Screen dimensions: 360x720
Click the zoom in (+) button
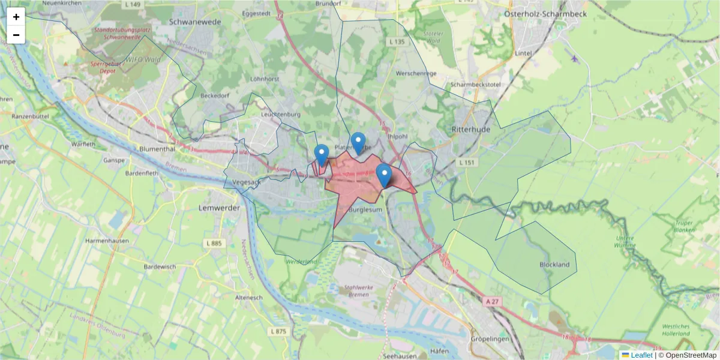coord(16,17)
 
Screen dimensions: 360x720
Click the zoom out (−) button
coord(16,35)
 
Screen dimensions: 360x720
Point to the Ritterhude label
coord(472,128)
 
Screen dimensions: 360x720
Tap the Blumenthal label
coord(156,149)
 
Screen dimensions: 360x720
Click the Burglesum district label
coord(365,209)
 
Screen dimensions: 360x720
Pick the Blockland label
coord(554,265)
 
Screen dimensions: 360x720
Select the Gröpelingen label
coord(491,339)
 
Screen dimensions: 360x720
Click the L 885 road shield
coord(214,243)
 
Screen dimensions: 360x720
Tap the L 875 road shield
coord(279,331)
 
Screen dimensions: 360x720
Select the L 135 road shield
coord(397,42)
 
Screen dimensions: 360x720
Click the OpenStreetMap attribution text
coord(691,355)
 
